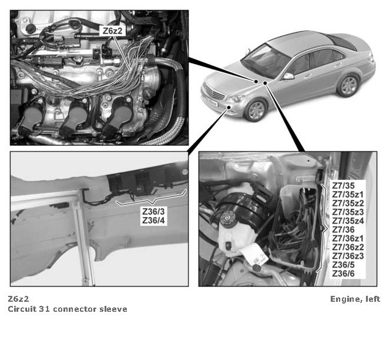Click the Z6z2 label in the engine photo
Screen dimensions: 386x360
[112, 31]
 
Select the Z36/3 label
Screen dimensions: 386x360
[153, 211]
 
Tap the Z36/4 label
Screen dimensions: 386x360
[153, 220]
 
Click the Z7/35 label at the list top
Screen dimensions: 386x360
[343, 185]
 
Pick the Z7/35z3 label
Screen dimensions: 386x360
[348, 212]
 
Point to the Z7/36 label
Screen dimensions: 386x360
[343, 229]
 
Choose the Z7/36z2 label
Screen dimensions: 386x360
[348, 247]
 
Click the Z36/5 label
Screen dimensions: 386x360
[343, 265]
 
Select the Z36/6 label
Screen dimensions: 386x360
[343, 274]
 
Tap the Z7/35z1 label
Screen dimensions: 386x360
[348, 195]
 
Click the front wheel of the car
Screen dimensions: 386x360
[256, 111]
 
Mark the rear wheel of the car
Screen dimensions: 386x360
[348, 85]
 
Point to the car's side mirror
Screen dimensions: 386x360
[288, 76]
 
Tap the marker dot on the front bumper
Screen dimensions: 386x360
[229, 107]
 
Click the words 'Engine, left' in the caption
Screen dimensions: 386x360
[355, 299]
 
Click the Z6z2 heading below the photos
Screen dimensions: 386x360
[18, 299]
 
